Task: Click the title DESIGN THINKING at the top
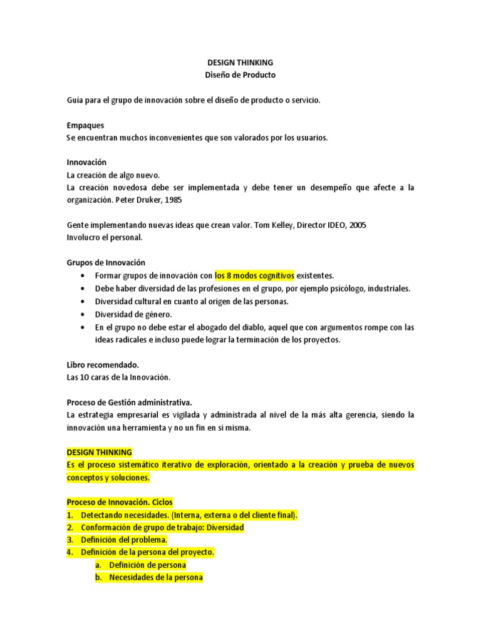click(x=240, y=63)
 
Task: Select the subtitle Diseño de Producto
click(x=240, y=75)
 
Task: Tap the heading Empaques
click(x=85, y=125)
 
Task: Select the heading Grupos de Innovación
click(x=105, y=262)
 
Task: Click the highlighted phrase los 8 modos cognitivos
click(x=254, y=275)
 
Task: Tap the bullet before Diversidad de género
click(x=83, y=314)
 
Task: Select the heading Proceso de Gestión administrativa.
click(x=129, y=402)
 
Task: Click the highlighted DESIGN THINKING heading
click(x=100, y=452)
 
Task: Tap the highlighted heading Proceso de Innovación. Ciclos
click(x=119, y=502)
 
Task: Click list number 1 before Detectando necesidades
click(x=70, y=515)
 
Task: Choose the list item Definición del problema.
click(x=124, y=540)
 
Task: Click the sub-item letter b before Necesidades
click(x=98, y=578)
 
